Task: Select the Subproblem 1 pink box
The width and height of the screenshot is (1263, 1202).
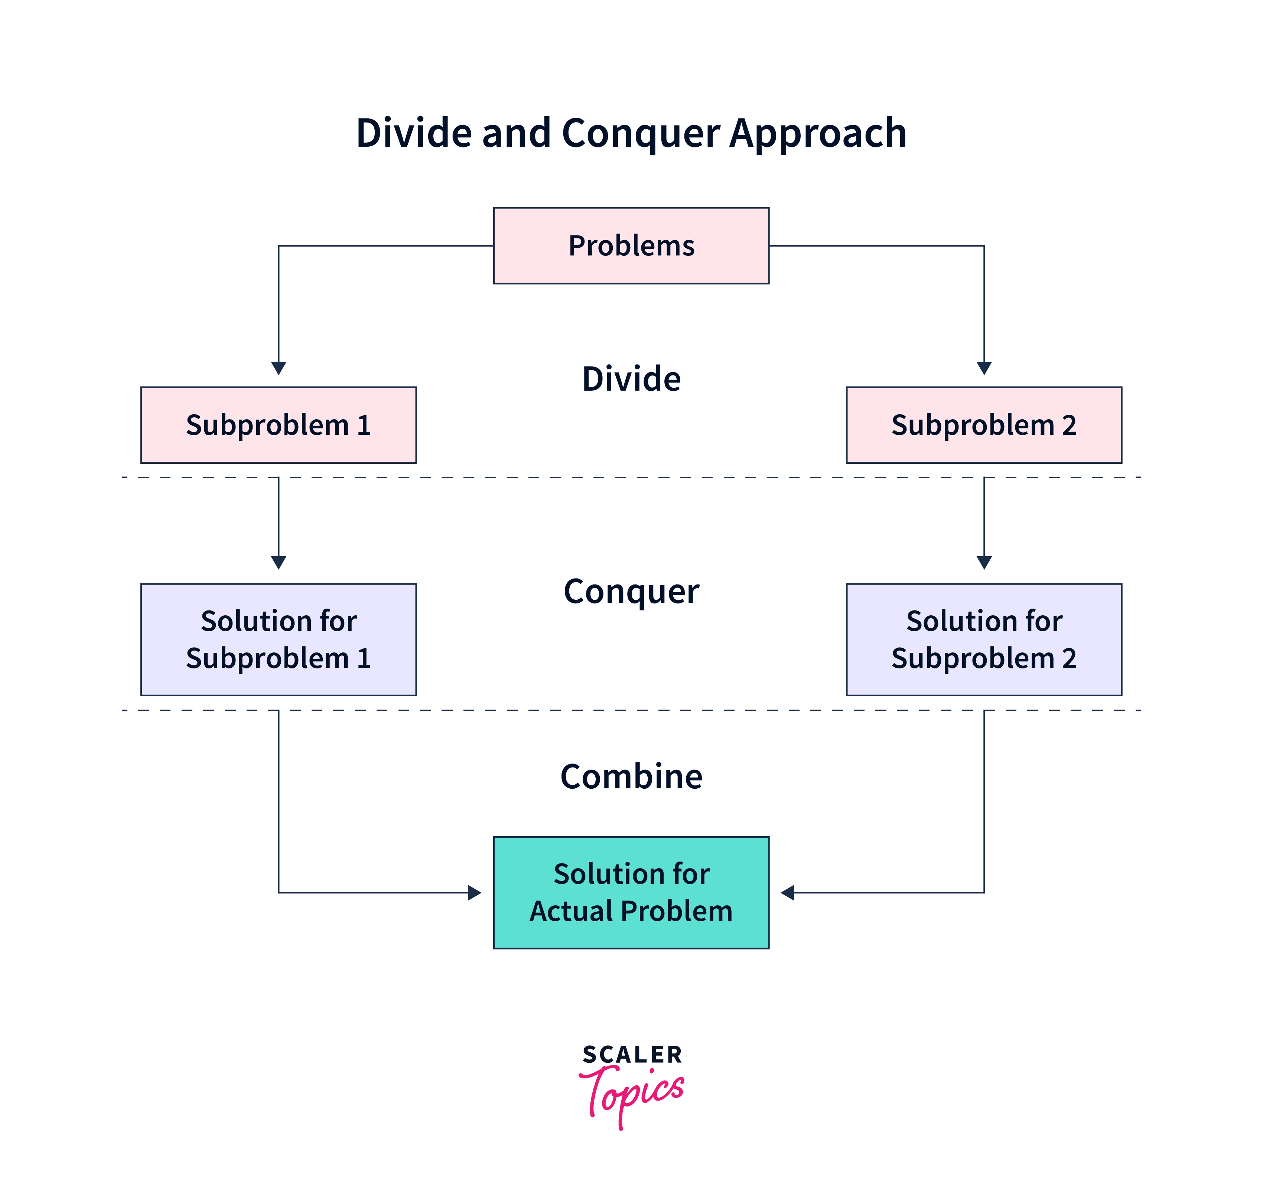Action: [278, 425]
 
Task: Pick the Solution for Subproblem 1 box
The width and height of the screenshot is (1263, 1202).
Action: [278, 639]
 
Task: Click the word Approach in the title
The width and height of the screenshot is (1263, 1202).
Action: [818, 133]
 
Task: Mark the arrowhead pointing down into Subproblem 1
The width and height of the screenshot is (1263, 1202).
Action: [278, 368]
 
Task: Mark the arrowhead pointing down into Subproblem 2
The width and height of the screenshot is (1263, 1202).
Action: [984, 368]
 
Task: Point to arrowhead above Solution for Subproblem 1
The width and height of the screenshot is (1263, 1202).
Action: [278, 563]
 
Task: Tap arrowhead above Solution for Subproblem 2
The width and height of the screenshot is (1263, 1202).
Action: [984, 563]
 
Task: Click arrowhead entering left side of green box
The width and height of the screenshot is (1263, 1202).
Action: [475, 893]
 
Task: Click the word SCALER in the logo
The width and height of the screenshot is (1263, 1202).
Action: [632, 1055]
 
